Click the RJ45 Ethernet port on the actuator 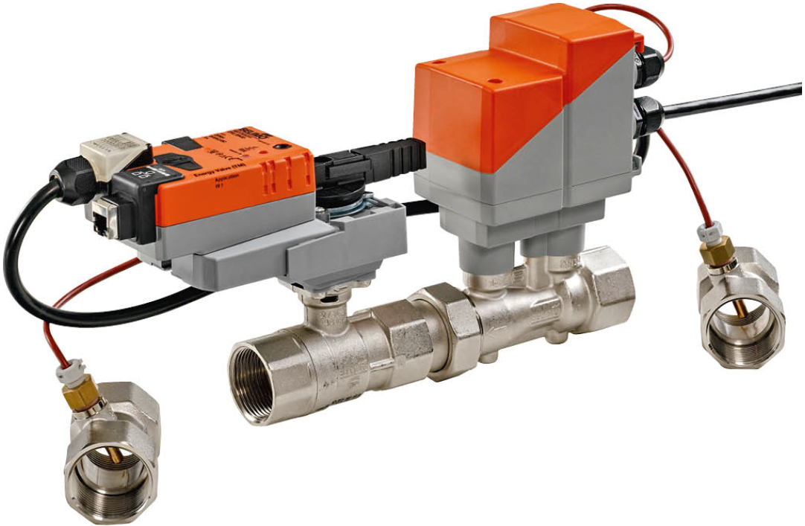pos(102,217)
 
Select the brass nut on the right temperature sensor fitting pos(718,254)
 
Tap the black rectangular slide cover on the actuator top pos(182,143)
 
